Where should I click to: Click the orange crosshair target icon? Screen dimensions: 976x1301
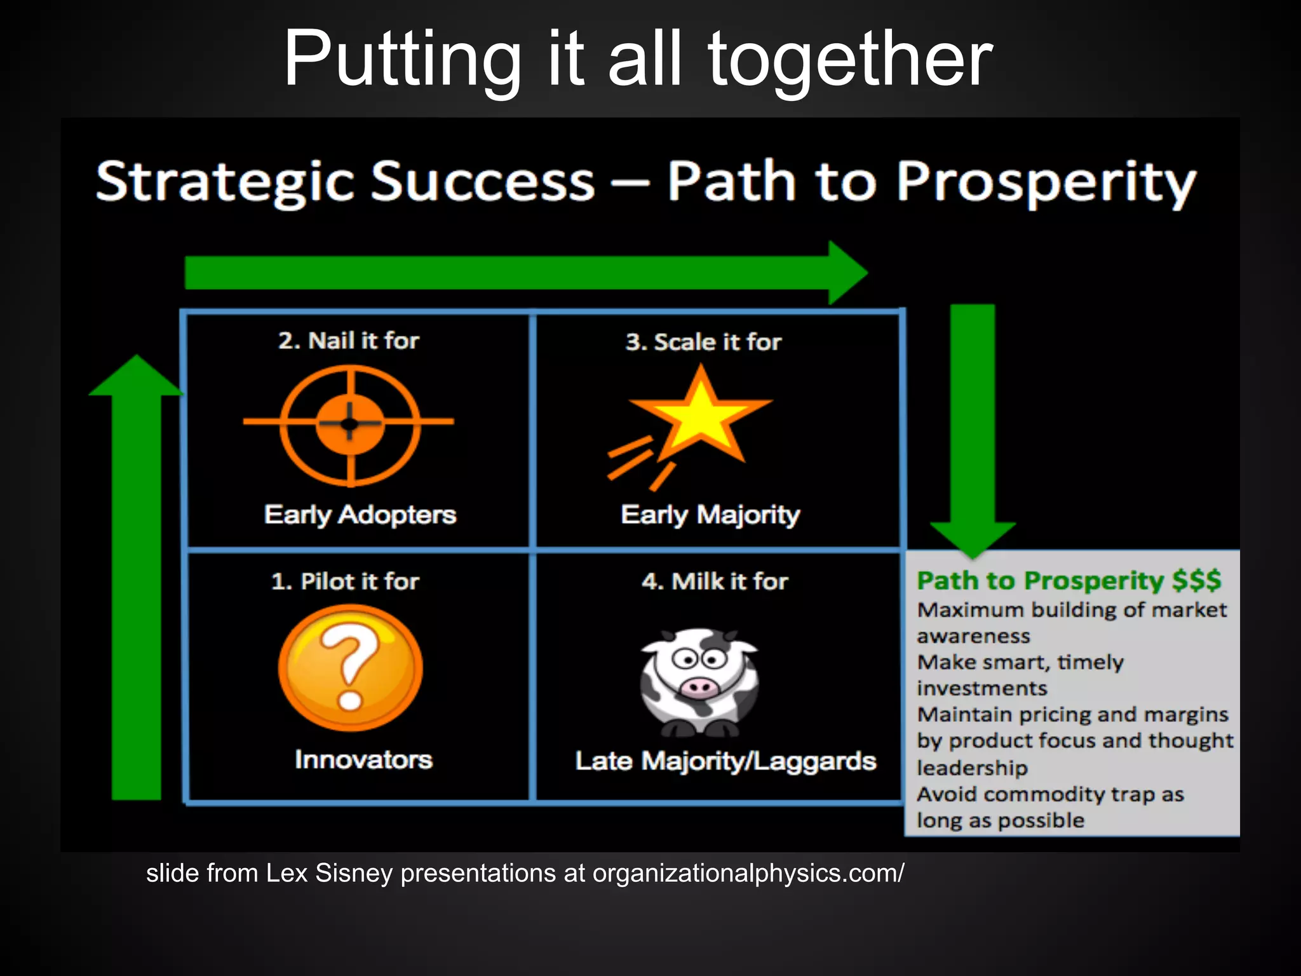pyautogui.click(x=349, y=423)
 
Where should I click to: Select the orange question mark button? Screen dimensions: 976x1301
pyautogui.click(x=350, y=667)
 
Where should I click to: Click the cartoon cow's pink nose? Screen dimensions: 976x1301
pyautogui.click(x=699, y=687)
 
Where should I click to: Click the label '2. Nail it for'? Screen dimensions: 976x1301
pyautogui.click(x=349, y=341)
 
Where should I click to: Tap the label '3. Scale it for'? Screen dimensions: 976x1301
pyautogui.click(x=703, y=342)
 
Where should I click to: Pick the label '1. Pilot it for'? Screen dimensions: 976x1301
pyautogui.click(x=345, y=581)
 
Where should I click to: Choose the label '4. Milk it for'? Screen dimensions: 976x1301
pyautogui.click(x=715, y=581)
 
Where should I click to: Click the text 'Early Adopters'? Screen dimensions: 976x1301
pyautogui.click(x=360, y=515)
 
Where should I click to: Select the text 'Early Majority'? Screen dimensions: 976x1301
pyautogui.click(x=710, y=515)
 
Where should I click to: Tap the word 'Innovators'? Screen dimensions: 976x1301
pyautogui.click(x=363, y=760)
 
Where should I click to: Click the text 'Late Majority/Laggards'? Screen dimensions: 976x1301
pyautogui.click(x=725, y=761)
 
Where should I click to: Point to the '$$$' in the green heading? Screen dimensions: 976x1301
pyautogui.click(x=1196, y=580)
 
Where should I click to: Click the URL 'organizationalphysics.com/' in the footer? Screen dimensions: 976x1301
pyautogui.click(x=748, y=874)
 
